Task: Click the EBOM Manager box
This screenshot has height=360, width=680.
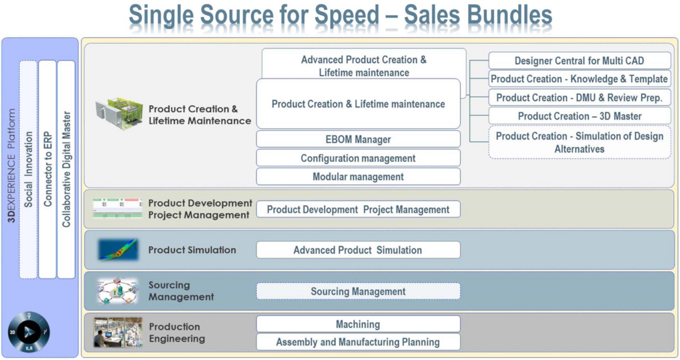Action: pyautogui.click(x=358, y=139)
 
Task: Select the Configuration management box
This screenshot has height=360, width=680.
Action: pyautogui.click(x=358, y=158)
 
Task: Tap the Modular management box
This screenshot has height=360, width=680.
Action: pyautogui.click(x=358, y=177)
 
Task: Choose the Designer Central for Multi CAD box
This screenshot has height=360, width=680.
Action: pyautogui.click(x=579, y=60)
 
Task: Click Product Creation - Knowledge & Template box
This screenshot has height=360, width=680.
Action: pyautogui.click(x=579, y=79)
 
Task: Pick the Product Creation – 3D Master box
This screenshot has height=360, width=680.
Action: pyautogui.click(x=579, y=116)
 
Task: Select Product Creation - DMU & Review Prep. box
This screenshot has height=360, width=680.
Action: pyautogui.click(x=579, y=98)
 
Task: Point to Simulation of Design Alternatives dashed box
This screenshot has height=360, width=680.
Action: pyautogui.click(x=579, y=142)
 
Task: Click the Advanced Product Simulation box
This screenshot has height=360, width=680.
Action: pyautogui.click(x=358, y=250)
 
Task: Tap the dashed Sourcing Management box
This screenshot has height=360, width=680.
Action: pyautogui.click(x=358, y=291)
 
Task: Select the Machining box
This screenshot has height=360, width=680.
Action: pyautogui.click(x=358, y=324)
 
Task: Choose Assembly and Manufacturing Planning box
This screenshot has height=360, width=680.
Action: pyautogui.click(x=358, y=342)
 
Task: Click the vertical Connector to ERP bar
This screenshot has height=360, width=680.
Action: pyautogui.click(x=47, y=169)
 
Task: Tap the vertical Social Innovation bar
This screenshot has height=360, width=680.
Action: pyautogui.click(x=28, y=169)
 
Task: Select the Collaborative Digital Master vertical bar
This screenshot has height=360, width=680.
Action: pyautogui.click(x=66, y=169)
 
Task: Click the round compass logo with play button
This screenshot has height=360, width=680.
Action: pyautogui.click(x=29, y=332)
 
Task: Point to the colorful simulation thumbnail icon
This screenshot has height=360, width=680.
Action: pyautogui.click(x=118, y=250)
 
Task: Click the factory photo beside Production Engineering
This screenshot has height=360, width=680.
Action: pyautogui.click(x=118, y=332)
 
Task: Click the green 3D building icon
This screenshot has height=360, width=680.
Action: pyautogui.click(x=120, y=114)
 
